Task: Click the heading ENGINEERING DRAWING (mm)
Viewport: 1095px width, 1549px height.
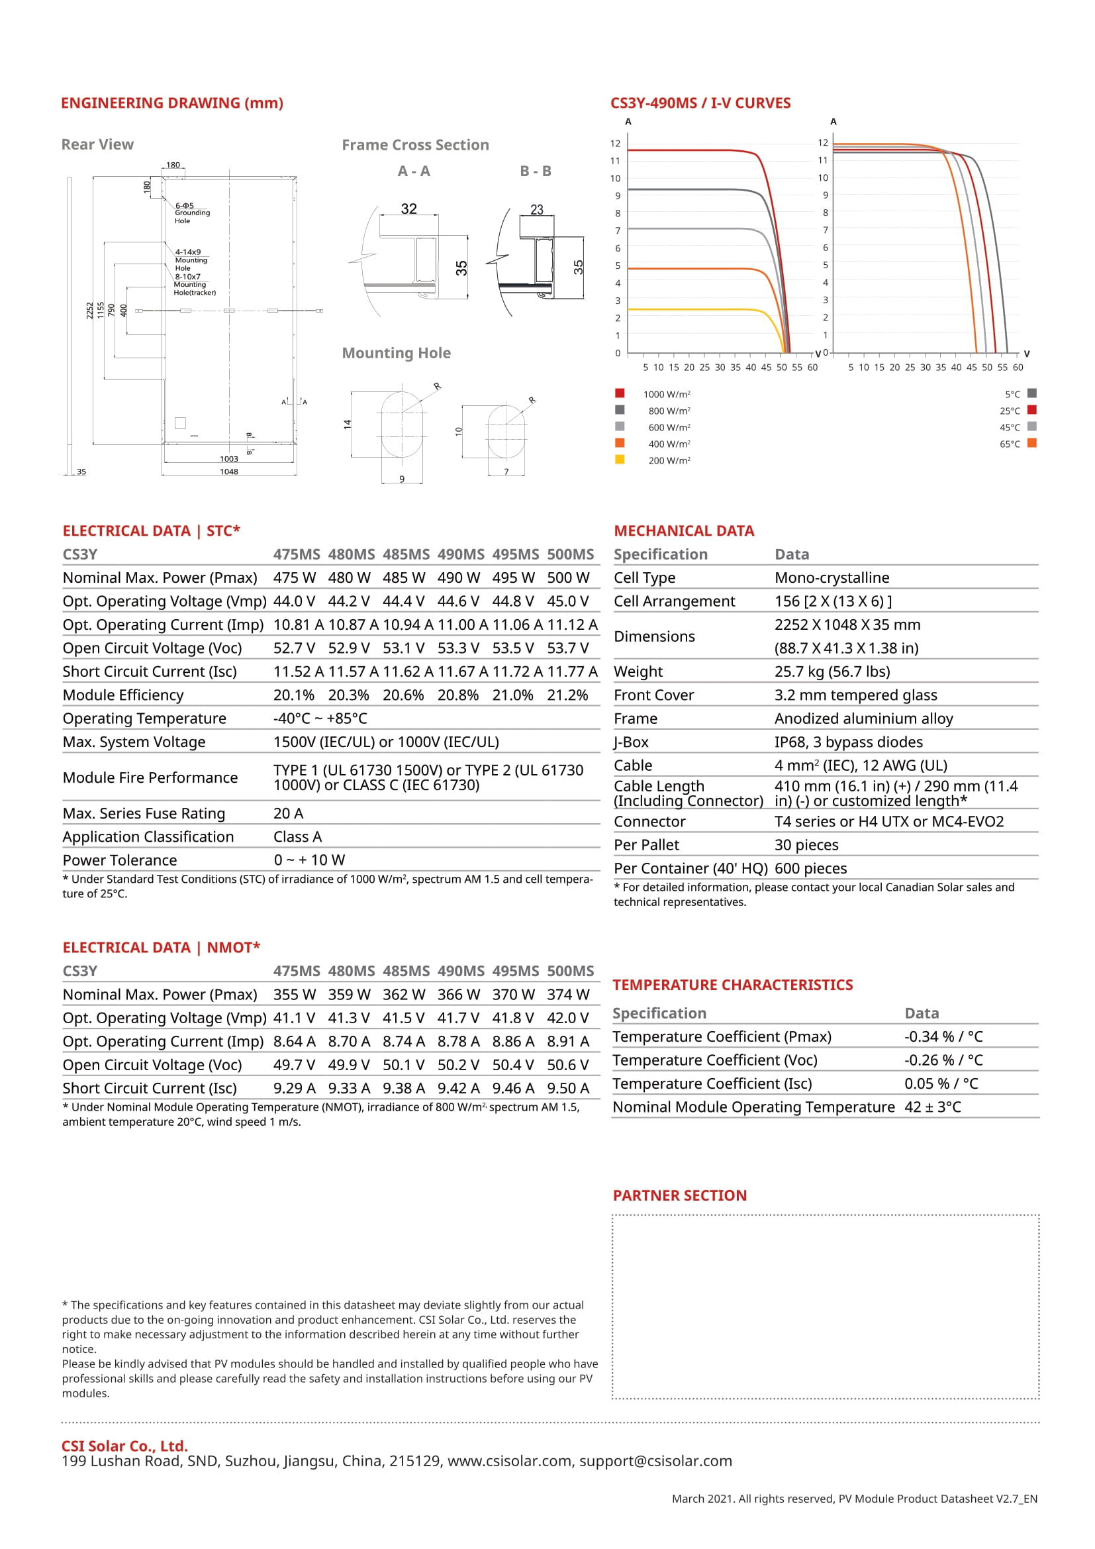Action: point(172,103)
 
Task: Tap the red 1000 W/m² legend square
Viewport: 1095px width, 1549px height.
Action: point(620,393)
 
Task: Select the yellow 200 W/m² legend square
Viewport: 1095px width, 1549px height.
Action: point(620,460)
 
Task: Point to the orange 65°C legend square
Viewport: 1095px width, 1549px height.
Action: point(1031,443)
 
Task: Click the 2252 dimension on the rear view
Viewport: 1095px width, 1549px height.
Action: point(89,311)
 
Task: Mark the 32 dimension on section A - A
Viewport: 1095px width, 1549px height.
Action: point(408,209)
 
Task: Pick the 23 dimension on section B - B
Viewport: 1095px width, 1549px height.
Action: point(537,210)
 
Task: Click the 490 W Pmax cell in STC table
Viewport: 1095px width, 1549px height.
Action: point(459,578)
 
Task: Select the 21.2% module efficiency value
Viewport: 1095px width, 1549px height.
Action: point(567,695)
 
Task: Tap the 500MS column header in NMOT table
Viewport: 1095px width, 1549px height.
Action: point(571,972)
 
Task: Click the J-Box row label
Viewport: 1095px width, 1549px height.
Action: point(631,743)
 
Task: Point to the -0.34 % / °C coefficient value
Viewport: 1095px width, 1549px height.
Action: point(943,1037)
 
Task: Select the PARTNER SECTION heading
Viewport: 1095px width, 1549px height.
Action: point(680,1195)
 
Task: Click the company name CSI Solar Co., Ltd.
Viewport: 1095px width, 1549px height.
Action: point(124,1446)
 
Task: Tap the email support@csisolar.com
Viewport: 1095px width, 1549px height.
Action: point(655,1462)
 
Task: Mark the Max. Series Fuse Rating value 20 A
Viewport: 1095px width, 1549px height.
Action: point(289,814)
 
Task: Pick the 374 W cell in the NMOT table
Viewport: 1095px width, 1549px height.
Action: point(568,995)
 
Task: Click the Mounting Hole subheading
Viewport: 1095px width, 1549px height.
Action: point(397,353)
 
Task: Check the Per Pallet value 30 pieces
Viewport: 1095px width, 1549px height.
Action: point(806,845)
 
